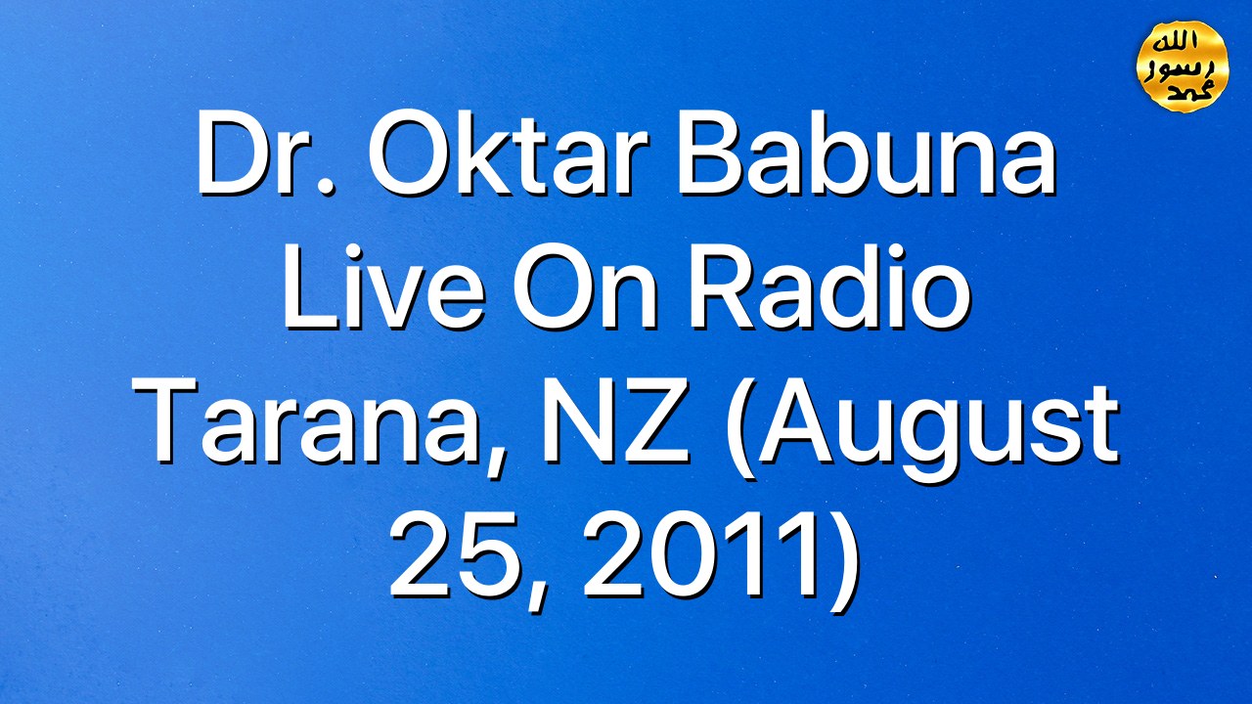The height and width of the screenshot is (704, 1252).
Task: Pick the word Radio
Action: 828,286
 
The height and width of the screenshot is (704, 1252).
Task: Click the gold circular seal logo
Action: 1183,66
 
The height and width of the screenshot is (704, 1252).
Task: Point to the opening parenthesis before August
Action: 739,430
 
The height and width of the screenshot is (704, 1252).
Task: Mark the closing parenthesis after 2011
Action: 842,562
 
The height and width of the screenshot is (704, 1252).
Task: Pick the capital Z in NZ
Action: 655,420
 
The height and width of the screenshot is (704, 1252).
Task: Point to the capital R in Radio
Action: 725,286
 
